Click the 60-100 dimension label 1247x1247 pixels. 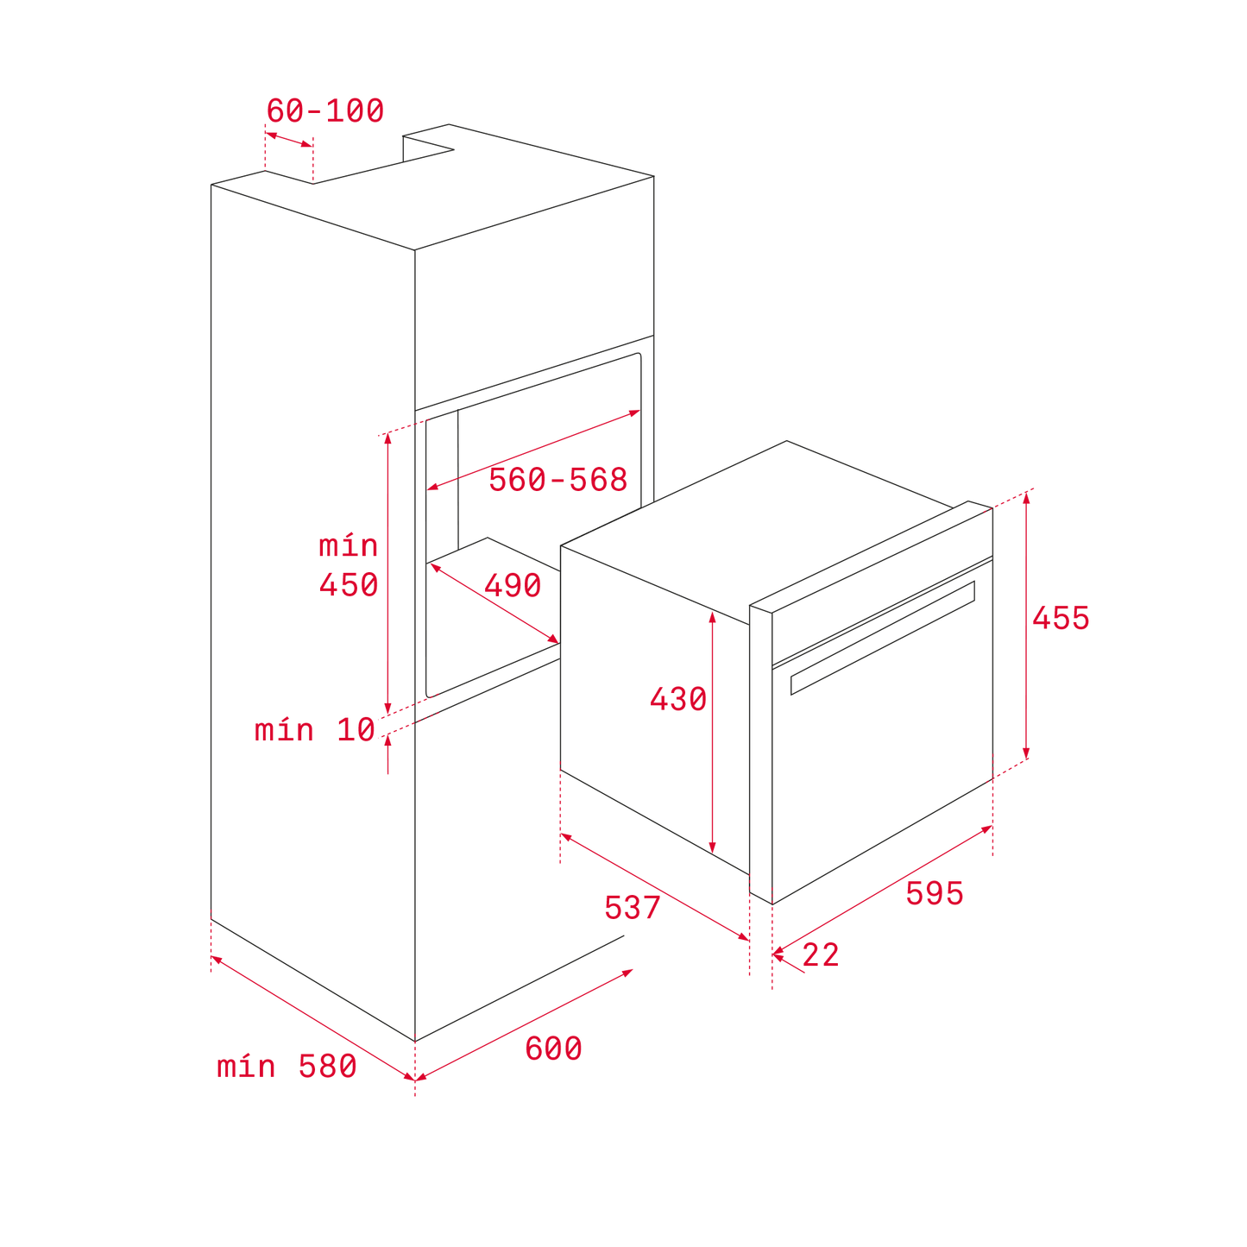(324, 110)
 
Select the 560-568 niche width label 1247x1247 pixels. (557, 480)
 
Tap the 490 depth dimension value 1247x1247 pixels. (513, 585)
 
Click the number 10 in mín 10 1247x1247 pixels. (356, 730)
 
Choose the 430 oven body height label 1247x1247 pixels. (678, 699)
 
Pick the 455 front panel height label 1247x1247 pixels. (1061, 617)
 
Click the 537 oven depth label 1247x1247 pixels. (633, 907)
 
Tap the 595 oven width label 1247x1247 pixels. (935, 894)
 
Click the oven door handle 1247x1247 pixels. (883, 638)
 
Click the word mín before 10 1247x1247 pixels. (284, 730)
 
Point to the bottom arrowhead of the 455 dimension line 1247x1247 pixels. (1026, 753)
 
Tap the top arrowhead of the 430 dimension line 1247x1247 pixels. (713, 617)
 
